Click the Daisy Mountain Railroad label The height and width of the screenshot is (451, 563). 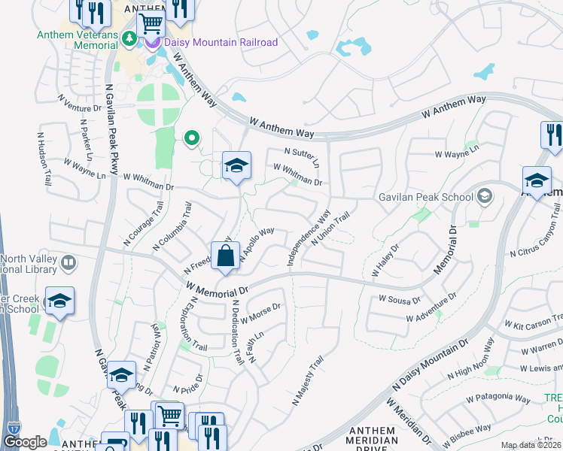[x=221, y=42]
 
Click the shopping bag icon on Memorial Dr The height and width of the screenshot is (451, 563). [x=226, y=256]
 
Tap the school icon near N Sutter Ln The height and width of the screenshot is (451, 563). [x=236, y=166]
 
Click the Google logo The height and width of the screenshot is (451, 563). [x=25, y=442]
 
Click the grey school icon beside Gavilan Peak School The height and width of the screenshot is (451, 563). [x=485, y=197]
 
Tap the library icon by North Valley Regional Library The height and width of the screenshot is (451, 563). [x=68, y=262]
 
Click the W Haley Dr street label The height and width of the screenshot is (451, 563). [x=385, y=259]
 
